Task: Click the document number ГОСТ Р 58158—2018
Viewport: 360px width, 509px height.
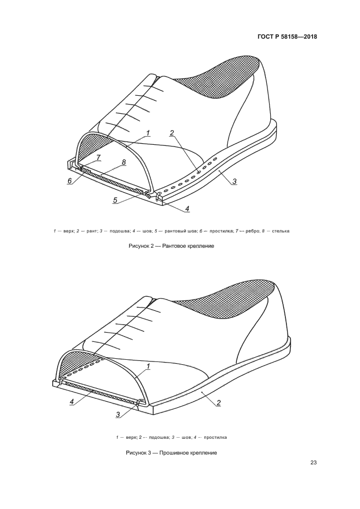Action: coord(287,36)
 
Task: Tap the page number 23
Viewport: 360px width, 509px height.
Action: coord(313,463)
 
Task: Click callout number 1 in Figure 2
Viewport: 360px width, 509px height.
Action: coord(148,133)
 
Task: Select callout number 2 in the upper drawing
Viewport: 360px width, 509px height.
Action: coord(172,132)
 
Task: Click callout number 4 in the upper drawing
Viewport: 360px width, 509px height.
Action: coord(187,208)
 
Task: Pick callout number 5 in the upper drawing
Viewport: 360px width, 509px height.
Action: coord(115,200)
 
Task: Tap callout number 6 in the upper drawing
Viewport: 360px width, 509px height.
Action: coord(70,181)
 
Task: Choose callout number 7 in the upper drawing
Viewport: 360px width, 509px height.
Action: coord(99,157)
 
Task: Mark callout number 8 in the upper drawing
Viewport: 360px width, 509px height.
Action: coord(124,162)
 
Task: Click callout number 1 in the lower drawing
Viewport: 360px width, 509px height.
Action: coord(148,366)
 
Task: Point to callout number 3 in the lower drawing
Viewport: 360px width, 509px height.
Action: coord(118,414)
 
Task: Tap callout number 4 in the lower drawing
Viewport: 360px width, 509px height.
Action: coord(72,402)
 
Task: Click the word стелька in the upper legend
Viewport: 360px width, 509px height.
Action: coord(281,231)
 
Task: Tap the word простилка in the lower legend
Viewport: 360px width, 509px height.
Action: coord(216,437)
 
